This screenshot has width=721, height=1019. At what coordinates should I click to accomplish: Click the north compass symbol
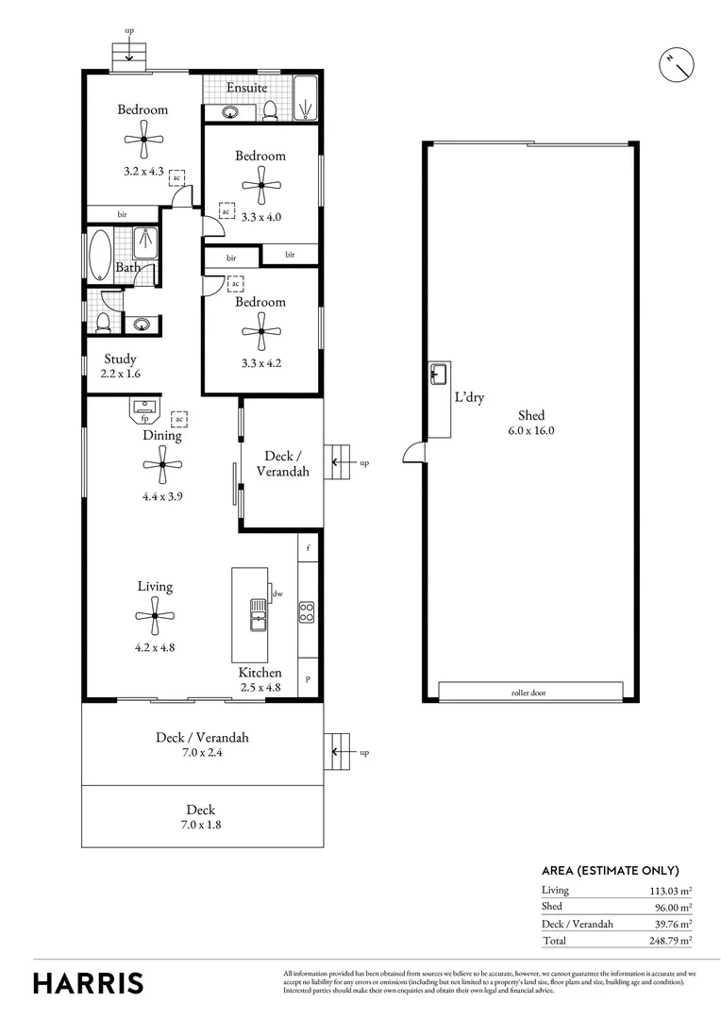676,64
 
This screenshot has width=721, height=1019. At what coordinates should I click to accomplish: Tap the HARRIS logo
89,982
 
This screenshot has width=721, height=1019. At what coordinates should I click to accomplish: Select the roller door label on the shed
528,693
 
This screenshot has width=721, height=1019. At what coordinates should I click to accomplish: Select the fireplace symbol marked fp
145,409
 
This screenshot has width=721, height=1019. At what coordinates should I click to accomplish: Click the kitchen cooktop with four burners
307,611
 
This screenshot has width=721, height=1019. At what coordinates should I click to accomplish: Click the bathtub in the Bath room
100,254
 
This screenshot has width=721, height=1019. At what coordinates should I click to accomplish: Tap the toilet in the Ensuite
270,110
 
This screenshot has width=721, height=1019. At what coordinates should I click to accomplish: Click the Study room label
120,359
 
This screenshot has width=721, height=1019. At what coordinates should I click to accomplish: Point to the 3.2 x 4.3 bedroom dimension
143,172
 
